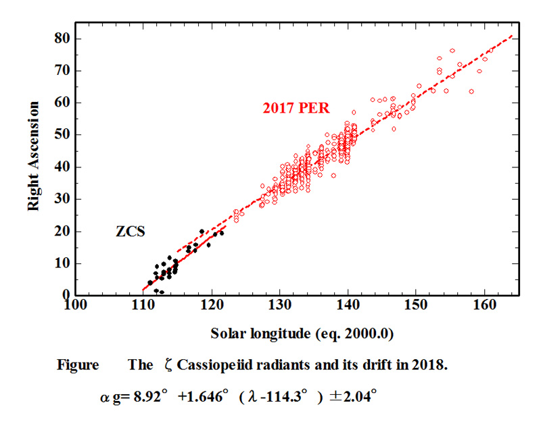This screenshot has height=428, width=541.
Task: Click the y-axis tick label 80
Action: click(62, 38)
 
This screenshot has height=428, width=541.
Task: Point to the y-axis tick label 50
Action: click(62, 134)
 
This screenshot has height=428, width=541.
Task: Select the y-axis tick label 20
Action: click(62, 231)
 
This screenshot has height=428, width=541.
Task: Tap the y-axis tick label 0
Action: click(66, 295)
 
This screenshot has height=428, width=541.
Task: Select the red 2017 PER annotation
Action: click(296, 108)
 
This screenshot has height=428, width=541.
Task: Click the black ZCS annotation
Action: click(131, 232)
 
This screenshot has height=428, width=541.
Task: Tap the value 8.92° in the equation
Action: click(149, 396)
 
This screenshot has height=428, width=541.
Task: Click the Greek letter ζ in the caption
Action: click(168, 366)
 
